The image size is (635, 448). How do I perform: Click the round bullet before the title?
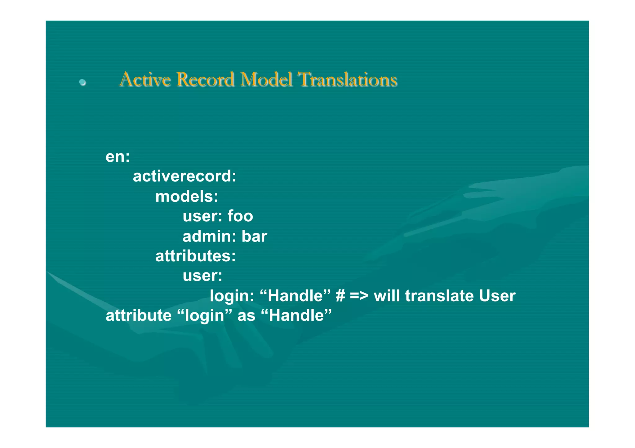click(x=82, y=82)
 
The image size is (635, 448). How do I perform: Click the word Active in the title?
click(x=145, y=79)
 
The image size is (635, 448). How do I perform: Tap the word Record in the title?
click(x=205, y=79)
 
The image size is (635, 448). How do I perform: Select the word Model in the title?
click(x=266, y=79)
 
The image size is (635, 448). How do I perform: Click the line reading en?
click(x=118, y=157)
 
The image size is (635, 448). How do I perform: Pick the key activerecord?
click(x=184, y=176)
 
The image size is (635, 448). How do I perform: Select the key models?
click(x=187, y=197)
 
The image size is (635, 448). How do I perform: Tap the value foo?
click(x=240, y=216)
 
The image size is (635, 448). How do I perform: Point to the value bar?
click(x=254, y=237)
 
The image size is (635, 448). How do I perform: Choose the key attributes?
click(x=195, y=256)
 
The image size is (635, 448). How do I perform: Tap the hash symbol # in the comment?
click(x=340, y=296)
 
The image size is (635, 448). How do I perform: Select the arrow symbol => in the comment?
click(x=359, y=296)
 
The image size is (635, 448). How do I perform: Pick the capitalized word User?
click(x=497, y=296)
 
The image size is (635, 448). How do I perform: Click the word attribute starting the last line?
click(x=139, y=316)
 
